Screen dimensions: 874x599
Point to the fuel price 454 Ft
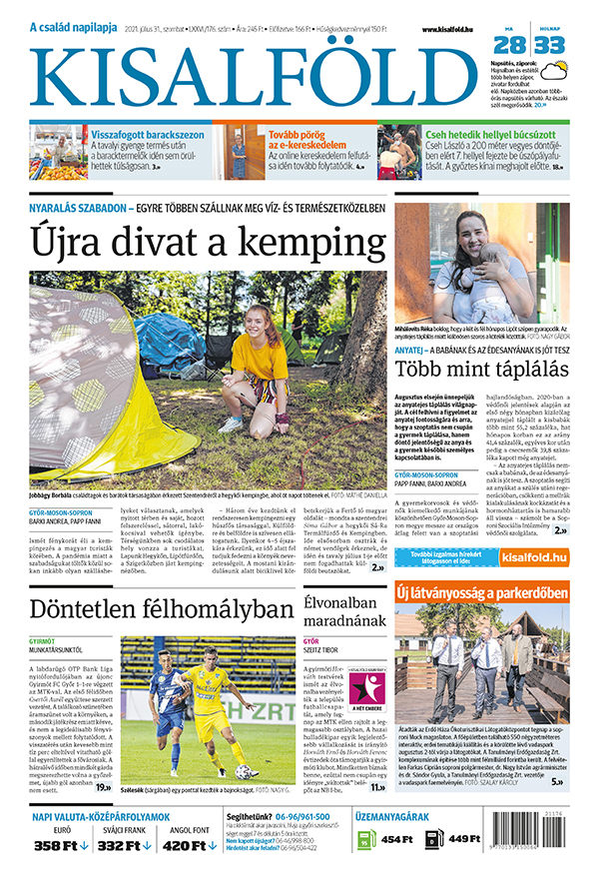[396, 839]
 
